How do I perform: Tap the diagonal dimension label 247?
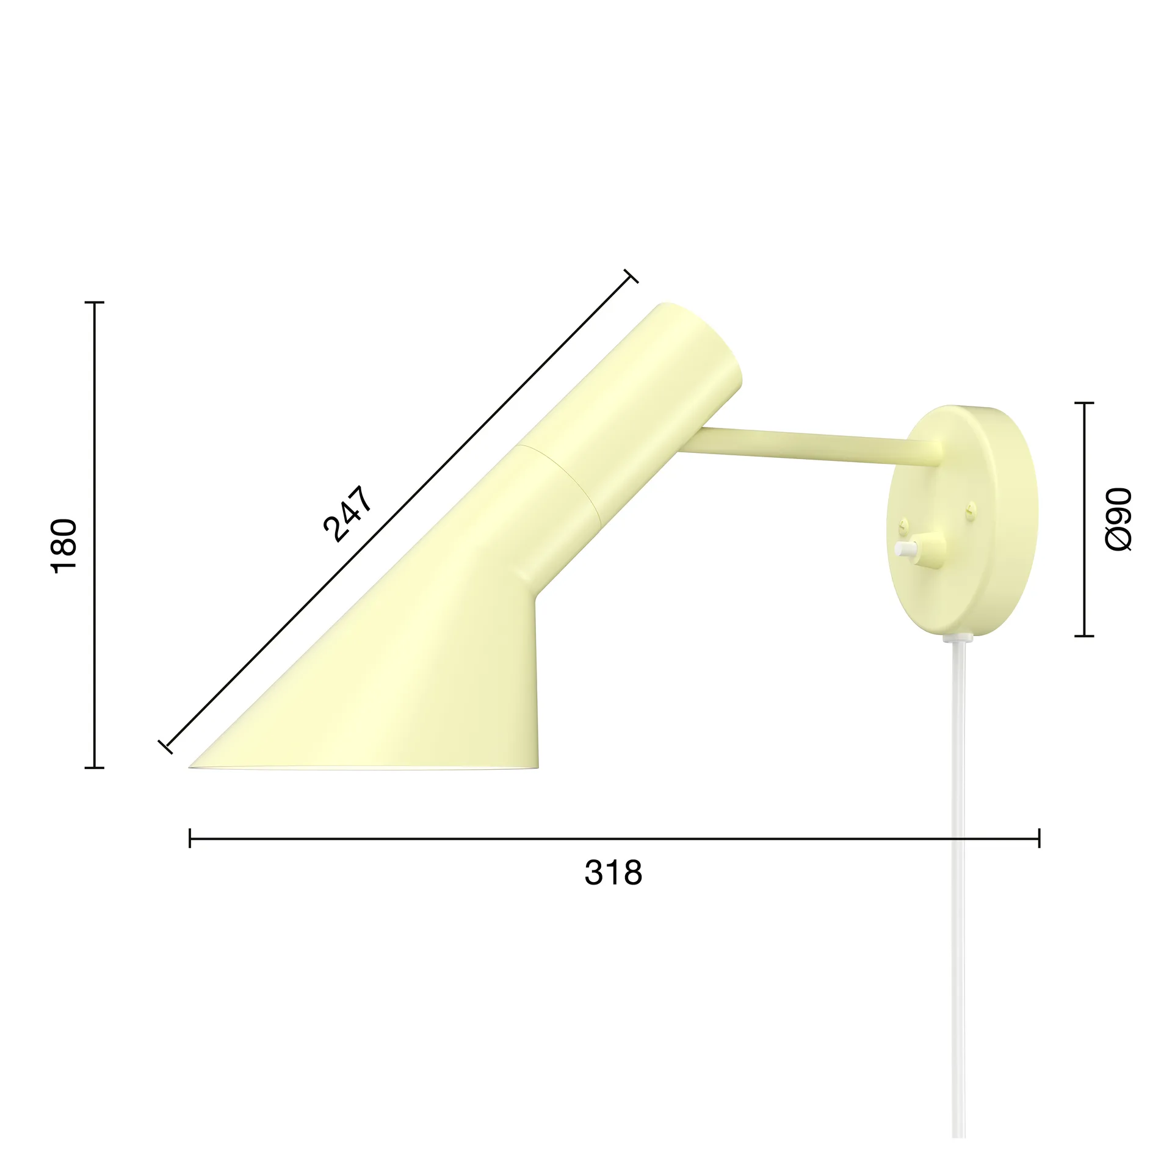347,515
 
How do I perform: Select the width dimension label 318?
613,872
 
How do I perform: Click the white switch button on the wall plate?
901,549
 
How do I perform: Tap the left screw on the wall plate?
903,523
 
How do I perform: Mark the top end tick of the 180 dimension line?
94,302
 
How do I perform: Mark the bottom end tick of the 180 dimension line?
94,767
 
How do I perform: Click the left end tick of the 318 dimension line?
190,839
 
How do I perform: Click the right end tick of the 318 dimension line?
1039,839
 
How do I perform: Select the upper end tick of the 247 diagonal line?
631,277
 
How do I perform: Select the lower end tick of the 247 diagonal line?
165,747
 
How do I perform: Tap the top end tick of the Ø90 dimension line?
1083,403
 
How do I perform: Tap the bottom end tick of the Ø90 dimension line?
1083,636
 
